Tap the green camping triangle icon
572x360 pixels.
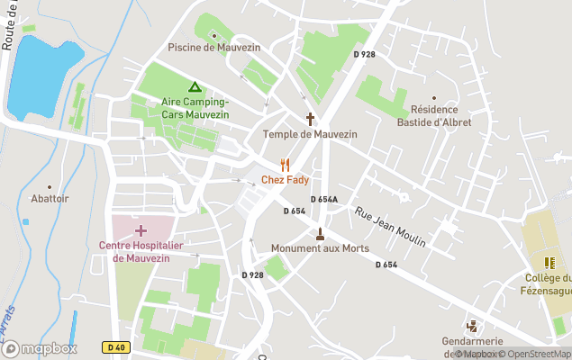point(195,87)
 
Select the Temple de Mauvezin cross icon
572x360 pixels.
point(310,119)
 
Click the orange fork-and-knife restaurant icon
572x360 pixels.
point(286,164)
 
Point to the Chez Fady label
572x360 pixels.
point(285,180)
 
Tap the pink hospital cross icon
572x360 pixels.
point(141,230)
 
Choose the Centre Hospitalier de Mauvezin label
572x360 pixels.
point(141,251)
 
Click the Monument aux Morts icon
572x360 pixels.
point(319,233)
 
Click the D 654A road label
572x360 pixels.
point(323,200)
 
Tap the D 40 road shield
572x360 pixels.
point(114,346)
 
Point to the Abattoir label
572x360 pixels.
point(50,199)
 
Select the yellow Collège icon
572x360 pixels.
point(549,263)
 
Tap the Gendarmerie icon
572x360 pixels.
point(471,326)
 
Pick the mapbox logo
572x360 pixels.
point(40,348)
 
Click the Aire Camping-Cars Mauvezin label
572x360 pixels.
point(195,108)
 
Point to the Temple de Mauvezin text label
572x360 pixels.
point(310,134)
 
